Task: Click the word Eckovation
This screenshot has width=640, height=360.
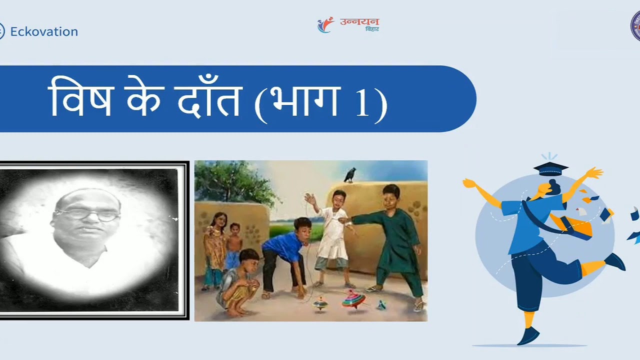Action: (x=44, y=31)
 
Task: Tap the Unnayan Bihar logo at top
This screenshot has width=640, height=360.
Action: (x=348, y=24)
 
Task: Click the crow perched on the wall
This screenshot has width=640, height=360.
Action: (x=350, y=174)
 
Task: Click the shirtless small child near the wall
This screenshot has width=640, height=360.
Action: (x=233, y=248)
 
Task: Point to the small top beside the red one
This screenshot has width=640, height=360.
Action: (x=320, y=303)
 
